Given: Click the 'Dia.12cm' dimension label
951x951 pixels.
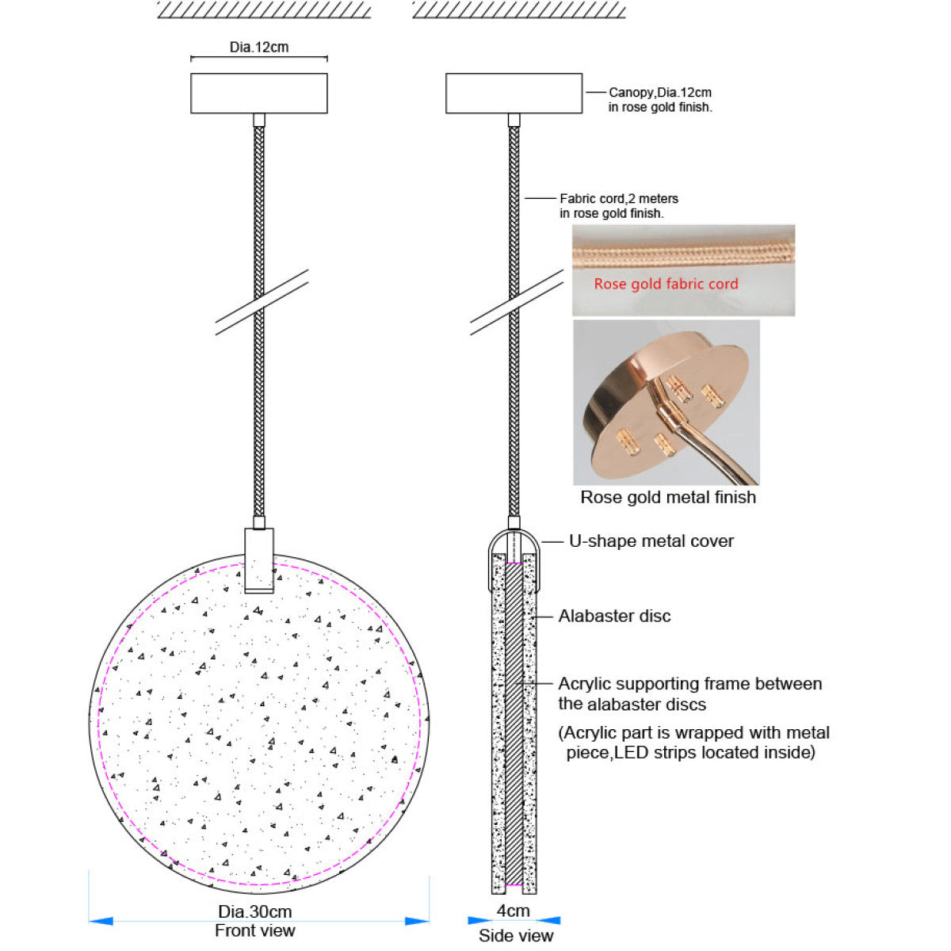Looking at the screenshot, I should click(x=259, y=48).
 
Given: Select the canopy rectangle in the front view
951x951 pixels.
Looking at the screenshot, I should click(x=259, y=94).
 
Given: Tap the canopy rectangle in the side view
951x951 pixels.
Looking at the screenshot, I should click(x=514, y=94).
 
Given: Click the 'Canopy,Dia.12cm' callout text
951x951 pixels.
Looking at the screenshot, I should click(x=659, y=93).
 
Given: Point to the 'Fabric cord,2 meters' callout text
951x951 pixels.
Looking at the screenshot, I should click(x=618, y=199).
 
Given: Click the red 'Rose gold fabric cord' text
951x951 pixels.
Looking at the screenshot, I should click(x=666, y=284).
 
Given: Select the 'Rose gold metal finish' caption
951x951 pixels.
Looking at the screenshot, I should click(x=668, y=498).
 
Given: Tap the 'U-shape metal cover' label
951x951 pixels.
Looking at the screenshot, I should click(x=651, y=541).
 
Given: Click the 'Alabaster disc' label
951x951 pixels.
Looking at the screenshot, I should click(x=614, y=616).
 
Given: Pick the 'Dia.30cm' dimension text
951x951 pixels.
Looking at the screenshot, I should click(x=255, y=911).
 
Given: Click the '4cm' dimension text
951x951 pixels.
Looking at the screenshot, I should click(x=514, y=911).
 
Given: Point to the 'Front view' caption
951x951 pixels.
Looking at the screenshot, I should click(x=255, y=930).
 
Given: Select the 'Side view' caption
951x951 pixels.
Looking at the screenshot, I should click(x=515, y=936).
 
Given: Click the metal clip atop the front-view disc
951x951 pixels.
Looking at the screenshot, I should click(x=259, y=560).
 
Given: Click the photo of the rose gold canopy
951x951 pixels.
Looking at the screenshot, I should click(x=666, y=403).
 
